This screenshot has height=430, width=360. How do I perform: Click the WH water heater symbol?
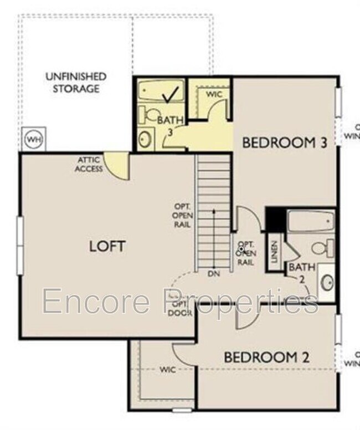tap(34, 139)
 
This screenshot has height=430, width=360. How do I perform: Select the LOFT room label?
tap(107, 245)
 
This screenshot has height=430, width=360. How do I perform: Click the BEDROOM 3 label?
tap(285, 142)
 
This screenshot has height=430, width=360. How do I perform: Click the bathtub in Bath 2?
tap(311, 222)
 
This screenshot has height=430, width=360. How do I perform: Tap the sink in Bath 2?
tap(327, 283)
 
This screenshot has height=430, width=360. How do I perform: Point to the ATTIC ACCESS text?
tap(89, 165)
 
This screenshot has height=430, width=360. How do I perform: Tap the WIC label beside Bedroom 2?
tap(168, 370)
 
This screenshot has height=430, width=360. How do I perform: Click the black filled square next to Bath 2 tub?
tap(275, 219)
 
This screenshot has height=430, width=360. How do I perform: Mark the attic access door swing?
tap(119, 166)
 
